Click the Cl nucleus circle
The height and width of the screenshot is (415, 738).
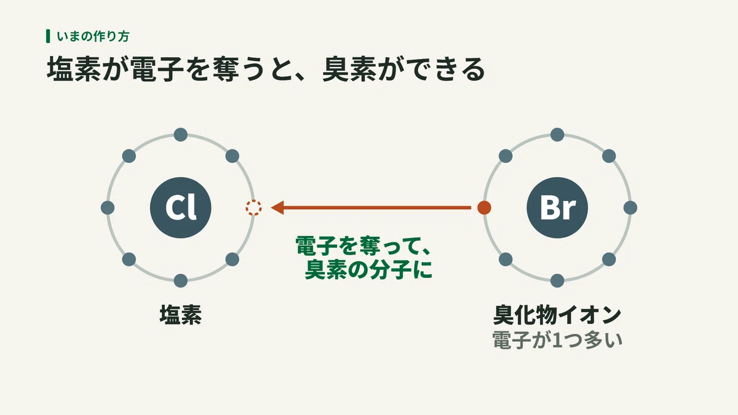click(x=181, y=208)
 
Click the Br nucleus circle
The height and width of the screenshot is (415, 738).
click(x=557, y=208)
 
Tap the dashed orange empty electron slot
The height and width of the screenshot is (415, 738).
click(x=253, y=208)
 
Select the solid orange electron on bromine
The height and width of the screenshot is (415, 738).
click(x=484, y=208)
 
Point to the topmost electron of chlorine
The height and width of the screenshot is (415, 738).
click(x=181, y=135)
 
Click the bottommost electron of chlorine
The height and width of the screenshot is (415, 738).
click(x=181, y=280)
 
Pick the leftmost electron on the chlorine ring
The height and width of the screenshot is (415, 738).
click(x=108, y=208)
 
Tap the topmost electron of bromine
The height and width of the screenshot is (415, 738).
click(x=557, y=135)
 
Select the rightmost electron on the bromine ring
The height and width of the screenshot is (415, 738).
click(x=630, y=208)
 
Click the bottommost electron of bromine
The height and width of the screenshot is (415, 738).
click(x=557, y=280)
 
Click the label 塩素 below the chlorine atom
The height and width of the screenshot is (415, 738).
click(x=181, y=315)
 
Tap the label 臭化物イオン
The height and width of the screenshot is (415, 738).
click(x=557, y=315)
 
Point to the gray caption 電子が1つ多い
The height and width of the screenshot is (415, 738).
click(x=557, y=340)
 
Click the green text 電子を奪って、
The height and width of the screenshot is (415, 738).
click(x=363, y=246)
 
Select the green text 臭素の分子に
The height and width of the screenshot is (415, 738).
click(x=368, y=270)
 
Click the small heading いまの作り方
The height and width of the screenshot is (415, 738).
click(x=93, y=36)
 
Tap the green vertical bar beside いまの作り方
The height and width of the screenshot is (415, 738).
click(x=48, y=36)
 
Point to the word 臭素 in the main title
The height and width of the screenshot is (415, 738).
click(x=349, y=69)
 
